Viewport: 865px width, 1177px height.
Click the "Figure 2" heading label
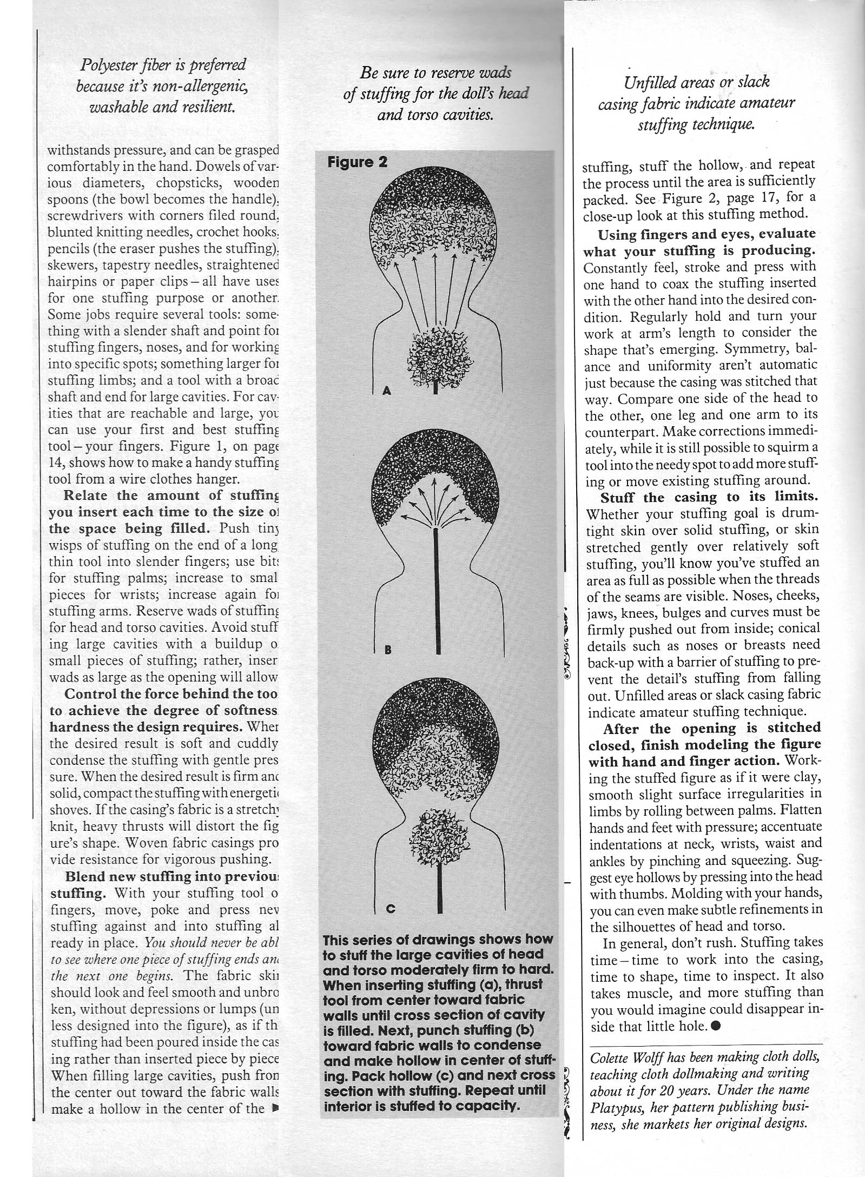pyautogui.click(x=357, y=162)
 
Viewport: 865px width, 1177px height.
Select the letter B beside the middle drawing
pyautogui.click(x=387, y=650)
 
